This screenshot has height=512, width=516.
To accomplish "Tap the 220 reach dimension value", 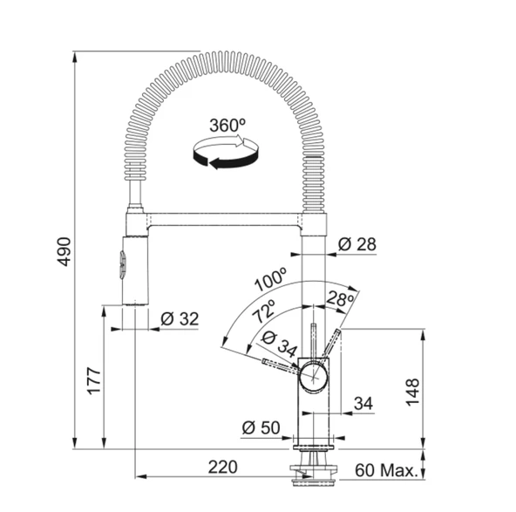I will [x=222, y=468].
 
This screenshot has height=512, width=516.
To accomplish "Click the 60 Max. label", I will [x=384, y=471].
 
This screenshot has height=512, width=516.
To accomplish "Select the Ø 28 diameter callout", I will [x=356, y=245].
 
